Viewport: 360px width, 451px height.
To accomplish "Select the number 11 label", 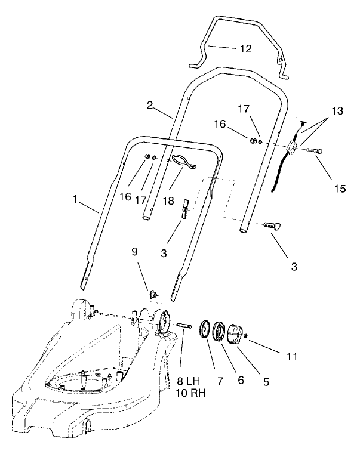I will (x=291, y=357).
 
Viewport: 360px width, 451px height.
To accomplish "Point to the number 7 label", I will (x=220, y=380).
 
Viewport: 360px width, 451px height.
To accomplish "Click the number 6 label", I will (x=241, y=380).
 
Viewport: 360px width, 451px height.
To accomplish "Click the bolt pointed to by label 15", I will (x=314, y=152).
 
